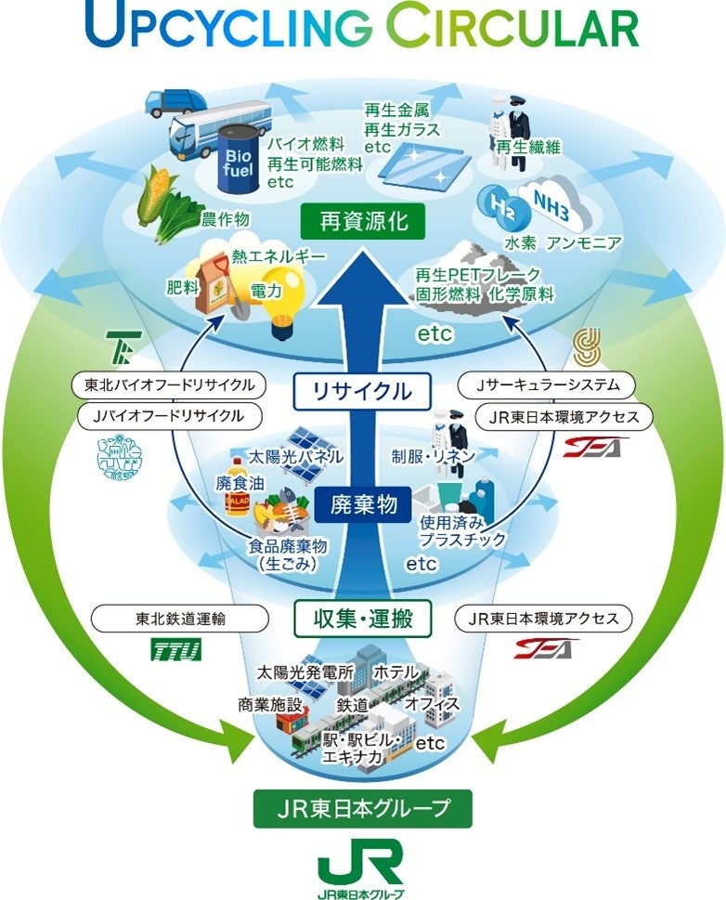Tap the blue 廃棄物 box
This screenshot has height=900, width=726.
click(363, 504)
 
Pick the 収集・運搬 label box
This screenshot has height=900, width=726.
click(363, 616)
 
